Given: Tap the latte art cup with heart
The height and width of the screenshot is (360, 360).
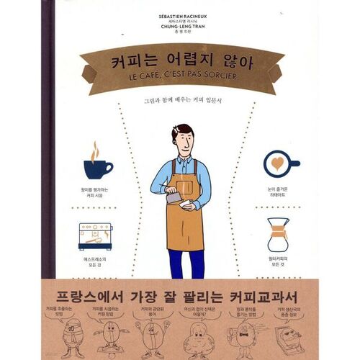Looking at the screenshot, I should click(x=280, y=162).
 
